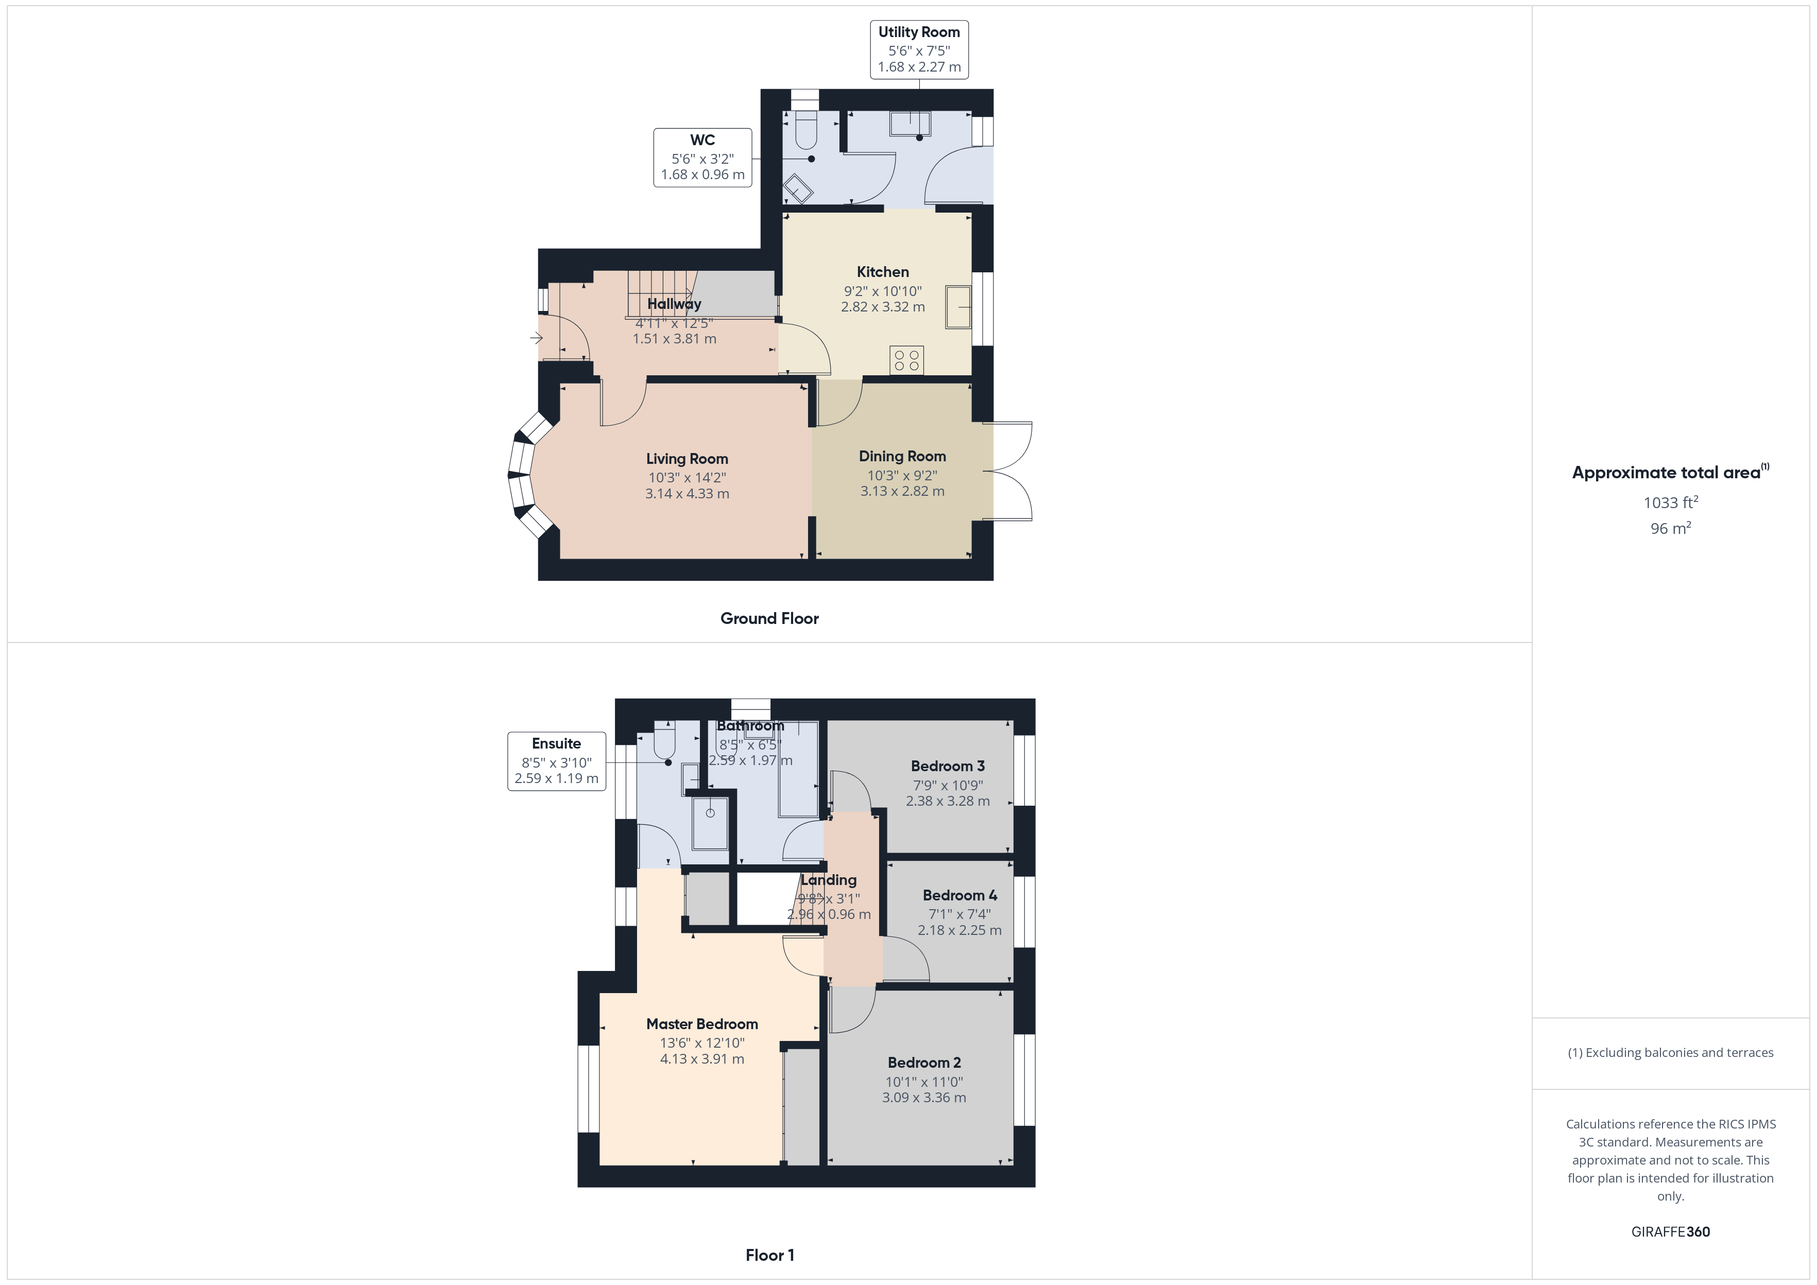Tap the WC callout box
pyautogui.click(x=702, y=158)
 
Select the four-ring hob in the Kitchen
pyautogui.click(x=906, y=360)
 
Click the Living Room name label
pyautogui.click(x=687, y=459)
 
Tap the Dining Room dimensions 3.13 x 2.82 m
pyautogui.click(x=902, y=491)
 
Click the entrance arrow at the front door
pyautogui.click(x=537, y=339)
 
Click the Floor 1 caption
pyautogui.click(x=769, y=1255)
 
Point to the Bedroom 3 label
pyautogui.click(x=947, y=766)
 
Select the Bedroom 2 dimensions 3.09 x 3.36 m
pyautogui.click(x=923, y=1098)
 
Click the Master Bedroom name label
pyautogui.click(x=702, y=1024)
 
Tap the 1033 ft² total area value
pyautogui.click(x=1670, y=502)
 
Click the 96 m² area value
pyautogui.click(x=1670, y=529)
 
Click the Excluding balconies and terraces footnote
pyautogui.click(x=1670, y=1052)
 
